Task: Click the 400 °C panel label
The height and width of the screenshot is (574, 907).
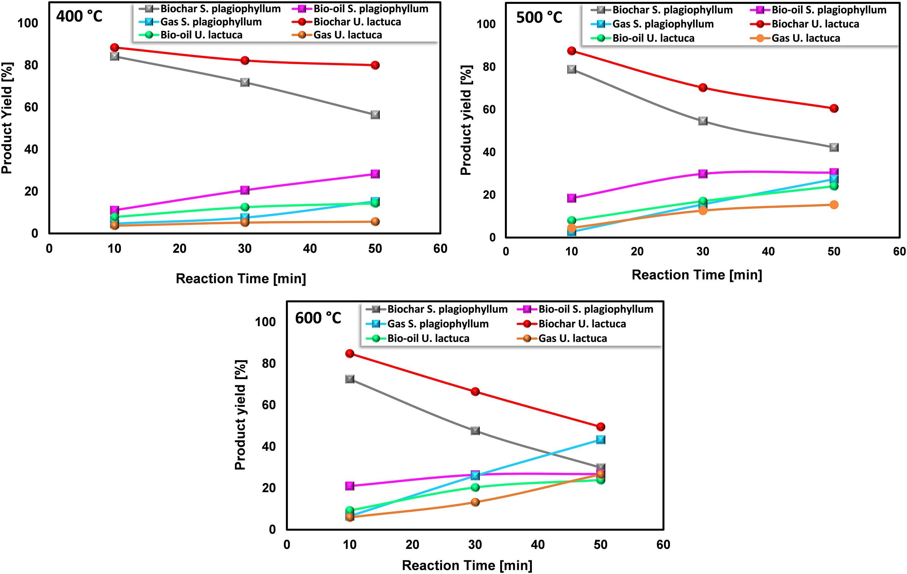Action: (x=79, y=16)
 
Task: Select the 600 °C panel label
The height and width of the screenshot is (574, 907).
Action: (x=318, y=318)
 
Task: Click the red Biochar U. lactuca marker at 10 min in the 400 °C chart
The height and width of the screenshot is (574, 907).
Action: (x=115, y=48)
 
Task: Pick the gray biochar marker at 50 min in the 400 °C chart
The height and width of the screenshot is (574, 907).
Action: (x=375, y=115)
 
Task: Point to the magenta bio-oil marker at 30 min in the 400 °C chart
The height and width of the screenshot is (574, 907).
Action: (x=245, y=190)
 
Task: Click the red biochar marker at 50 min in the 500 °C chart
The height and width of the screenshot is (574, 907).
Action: (x=834, y=109)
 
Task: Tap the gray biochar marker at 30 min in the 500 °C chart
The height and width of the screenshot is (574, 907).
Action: (x=703, y=121)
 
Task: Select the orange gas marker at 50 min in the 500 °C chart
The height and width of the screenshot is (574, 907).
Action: (x=834, y=205)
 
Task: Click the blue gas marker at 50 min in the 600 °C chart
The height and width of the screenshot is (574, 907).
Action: (x=601, y=440)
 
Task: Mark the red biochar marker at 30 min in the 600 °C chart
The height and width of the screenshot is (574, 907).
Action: (x=475, y=392)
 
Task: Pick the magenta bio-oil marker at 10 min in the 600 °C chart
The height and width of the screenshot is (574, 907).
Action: (x=349, y=486)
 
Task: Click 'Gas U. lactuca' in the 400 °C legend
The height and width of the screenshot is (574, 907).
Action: (x=347, y=35)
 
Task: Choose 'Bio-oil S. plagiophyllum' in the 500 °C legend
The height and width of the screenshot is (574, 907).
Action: (x=829, y=10)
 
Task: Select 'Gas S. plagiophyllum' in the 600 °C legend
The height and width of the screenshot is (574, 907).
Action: (x=438, y=324)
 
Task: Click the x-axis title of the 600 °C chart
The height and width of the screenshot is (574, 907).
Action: (x=467, y=565)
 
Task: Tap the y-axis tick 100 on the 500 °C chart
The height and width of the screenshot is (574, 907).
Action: (x=486, y=24)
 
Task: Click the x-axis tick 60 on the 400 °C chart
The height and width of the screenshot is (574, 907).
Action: (x=440, y=248)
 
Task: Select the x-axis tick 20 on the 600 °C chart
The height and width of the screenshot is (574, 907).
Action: (x=413, y=544)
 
